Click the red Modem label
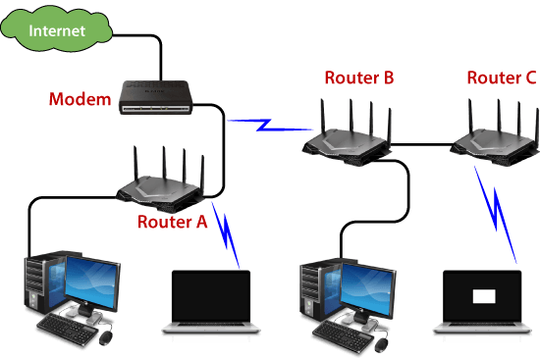click(80, 100)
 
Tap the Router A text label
click(173, 222)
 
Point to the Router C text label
click(501, 77)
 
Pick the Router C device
click(493, 137)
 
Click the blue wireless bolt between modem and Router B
click(263, 126)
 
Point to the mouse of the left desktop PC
click(105, 338)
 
